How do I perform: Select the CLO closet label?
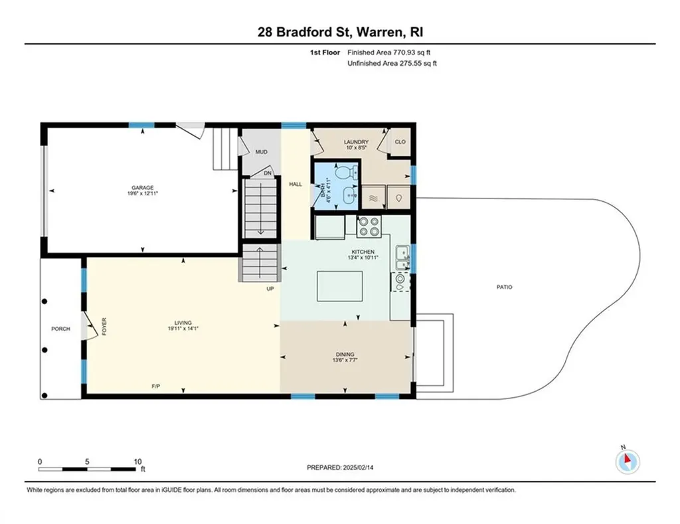[400, 142]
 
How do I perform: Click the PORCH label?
[61, 329]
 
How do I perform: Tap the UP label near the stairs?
[270, 289]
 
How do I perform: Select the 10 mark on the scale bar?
[137, 462]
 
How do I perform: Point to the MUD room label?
[262, 152]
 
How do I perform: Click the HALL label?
[296, 184]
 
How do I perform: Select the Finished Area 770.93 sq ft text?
[394, 52]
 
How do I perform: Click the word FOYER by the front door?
[104, 327]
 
